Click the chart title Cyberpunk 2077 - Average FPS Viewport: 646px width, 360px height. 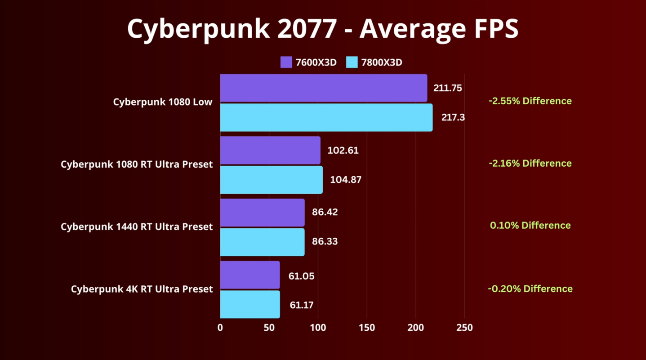click(323, 29)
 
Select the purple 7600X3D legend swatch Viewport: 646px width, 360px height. click(286, 62)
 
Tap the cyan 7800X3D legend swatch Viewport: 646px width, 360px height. click(352, 62)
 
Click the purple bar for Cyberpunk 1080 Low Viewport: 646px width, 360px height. click(323, 88)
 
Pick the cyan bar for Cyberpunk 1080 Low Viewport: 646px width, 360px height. click(326, 118)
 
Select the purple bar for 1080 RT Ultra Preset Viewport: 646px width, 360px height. click(270, 150)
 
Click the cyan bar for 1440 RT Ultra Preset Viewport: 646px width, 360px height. click(262, 242)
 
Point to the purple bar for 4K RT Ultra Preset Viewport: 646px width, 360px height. click(250, 275)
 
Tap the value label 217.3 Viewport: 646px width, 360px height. click(453, 118)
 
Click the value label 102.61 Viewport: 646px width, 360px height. click(343, 150)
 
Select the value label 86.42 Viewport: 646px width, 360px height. click(325, 212)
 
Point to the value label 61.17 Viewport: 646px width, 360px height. click(301, 305)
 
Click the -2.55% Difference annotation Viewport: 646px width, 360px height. click(530, 101)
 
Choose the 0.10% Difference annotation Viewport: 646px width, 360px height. click(530, 225)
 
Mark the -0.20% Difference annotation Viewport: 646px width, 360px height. click(530, 289)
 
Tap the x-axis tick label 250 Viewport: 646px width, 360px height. click(464, 328)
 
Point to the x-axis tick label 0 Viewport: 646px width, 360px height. click(220, 328)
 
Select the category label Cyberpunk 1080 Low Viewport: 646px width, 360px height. click(163, 102)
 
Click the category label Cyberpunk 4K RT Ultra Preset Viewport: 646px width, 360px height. click(142, 289)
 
